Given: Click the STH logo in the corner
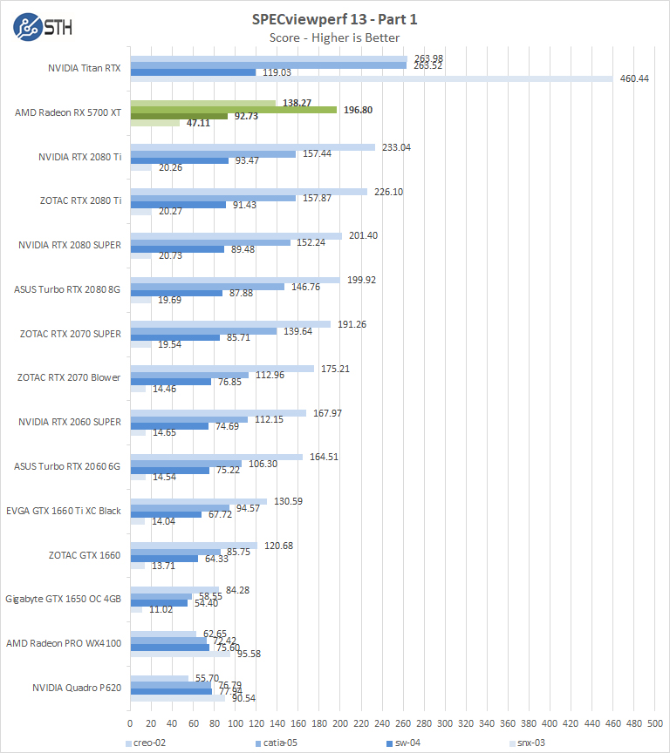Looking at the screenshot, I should click(x=43, y=27).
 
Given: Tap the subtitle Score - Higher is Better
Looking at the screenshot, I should click(x=335, y=37).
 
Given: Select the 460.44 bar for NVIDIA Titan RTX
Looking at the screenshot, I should click(x=371, y=78).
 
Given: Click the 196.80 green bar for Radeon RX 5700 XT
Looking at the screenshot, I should click(x=233, y=110).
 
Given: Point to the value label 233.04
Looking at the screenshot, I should click(x=393, y=147).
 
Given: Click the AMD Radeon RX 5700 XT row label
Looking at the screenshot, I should click(x=68, y=113).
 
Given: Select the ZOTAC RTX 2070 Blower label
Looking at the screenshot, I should click(x=69, y=377).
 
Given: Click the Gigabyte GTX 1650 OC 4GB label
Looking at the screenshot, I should click(x=63, y=599).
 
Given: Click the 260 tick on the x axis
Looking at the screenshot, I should click(x=404, y=722).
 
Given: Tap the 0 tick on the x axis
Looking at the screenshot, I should click(x=130, y=722).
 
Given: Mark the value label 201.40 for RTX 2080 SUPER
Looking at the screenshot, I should click(x=360, y=235).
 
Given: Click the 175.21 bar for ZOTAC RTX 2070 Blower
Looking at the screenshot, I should click(x=222, y=369).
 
